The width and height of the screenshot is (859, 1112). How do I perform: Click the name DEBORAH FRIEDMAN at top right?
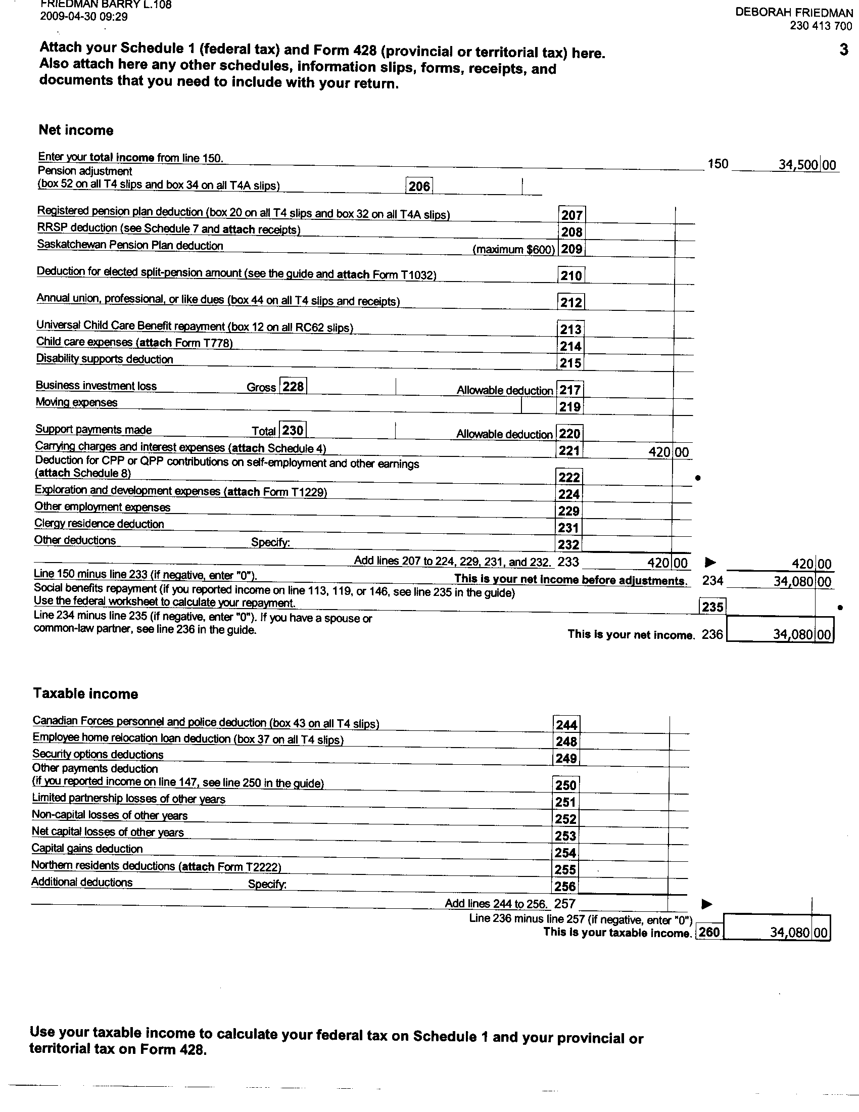click(794, 13)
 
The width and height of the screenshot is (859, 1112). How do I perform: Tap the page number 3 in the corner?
click(844, 50)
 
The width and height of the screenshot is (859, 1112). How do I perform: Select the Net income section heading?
click(76, 130)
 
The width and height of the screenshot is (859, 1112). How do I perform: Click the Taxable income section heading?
click(85, 693)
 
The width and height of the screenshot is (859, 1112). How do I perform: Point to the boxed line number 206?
click(419, 187)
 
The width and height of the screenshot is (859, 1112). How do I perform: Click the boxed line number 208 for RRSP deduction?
click(571, 232)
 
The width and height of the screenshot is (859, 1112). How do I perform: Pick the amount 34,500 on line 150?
click(798, 164)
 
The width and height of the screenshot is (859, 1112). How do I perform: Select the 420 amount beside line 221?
click(660, 451)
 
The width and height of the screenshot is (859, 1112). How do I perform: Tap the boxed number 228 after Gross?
click(293, 387)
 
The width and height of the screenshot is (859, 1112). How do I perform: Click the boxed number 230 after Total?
click(293, 430)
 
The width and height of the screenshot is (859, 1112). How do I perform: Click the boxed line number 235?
click(712, 607)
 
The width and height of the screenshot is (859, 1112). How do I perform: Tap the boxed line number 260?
click(709, 932)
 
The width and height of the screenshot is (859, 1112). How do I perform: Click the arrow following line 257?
click(707, 904)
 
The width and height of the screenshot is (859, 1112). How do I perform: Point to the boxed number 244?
click(566, 724)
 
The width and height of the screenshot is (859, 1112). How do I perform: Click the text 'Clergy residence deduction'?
click(99, 524)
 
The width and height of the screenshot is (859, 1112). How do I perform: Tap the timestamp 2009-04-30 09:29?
click(84, 17)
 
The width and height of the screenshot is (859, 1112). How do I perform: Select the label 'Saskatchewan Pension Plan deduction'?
click(130, 245)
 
